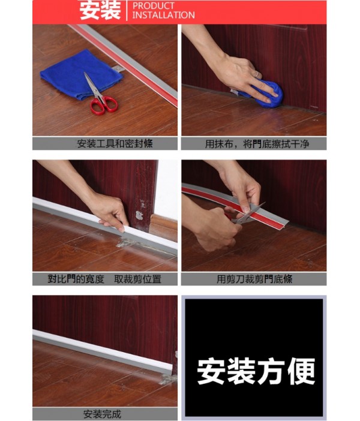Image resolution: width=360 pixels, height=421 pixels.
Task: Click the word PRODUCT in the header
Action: point(154,5)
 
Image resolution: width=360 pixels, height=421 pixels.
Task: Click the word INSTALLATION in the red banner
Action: point(164,15)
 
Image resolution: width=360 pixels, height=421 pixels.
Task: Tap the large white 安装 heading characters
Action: point(100,10)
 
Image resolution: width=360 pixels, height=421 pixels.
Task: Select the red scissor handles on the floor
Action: point(104,106)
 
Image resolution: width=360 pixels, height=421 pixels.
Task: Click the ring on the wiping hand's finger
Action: point(257,74)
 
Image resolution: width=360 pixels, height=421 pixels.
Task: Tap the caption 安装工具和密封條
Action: point(115,144)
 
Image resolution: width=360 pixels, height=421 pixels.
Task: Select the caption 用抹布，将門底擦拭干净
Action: point(257,144)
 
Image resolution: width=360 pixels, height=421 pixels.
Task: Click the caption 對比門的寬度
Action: point(76,279)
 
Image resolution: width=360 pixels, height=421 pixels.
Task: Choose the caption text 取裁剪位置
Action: point(137,279)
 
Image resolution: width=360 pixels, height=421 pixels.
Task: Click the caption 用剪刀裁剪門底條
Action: point(254,279)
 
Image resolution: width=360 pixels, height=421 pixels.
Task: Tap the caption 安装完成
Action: point(102,414)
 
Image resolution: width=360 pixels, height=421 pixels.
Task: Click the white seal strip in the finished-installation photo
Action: point(102,350)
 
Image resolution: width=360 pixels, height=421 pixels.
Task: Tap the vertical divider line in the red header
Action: point(127,10)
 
